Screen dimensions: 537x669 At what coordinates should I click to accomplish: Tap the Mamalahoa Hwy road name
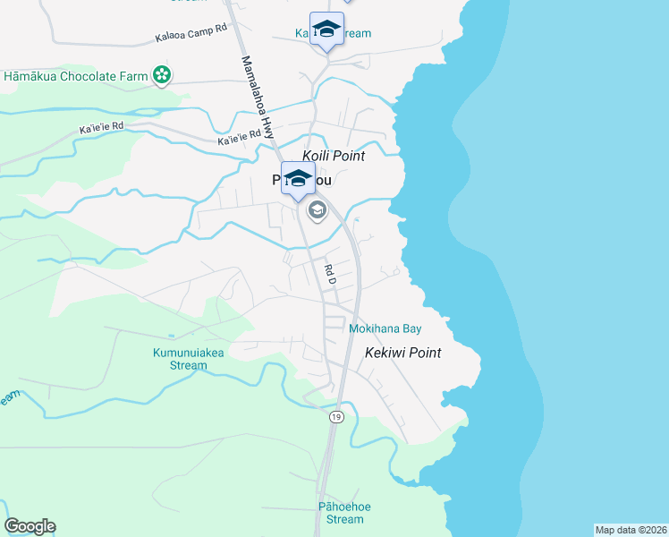[258, 97]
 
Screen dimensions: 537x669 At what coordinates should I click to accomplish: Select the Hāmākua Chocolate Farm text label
[76, 77]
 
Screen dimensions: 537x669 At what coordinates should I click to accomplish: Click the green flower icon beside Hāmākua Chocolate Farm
[163, 76]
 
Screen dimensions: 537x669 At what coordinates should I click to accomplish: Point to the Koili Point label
[334, 156]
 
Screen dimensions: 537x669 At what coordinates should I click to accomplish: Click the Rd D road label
[328, 274]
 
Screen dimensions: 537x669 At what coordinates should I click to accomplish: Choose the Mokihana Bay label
[385, 329]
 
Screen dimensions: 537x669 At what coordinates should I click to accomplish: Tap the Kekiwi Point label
[402, 353]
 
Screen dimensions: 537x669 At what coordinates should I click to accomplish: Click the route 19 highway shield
[335, 417]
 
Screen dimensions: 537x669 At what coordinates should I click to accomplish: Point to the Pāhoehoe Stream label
[344, 513]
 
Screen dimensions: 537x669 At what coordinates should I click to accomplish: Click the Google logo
[30, 526]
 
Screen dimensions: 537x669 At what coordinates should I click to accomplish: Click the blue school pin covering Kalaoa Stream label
[326, 30]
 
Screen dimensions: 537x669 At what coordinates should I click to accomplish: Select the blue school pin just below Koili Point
[298, 177]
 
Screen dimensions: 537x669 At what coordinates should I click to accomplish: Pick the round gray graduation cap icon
[316, 211]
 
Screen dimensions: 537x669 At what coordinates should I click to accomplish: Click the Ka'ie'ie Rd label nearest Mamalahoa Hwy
[239, 139]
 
